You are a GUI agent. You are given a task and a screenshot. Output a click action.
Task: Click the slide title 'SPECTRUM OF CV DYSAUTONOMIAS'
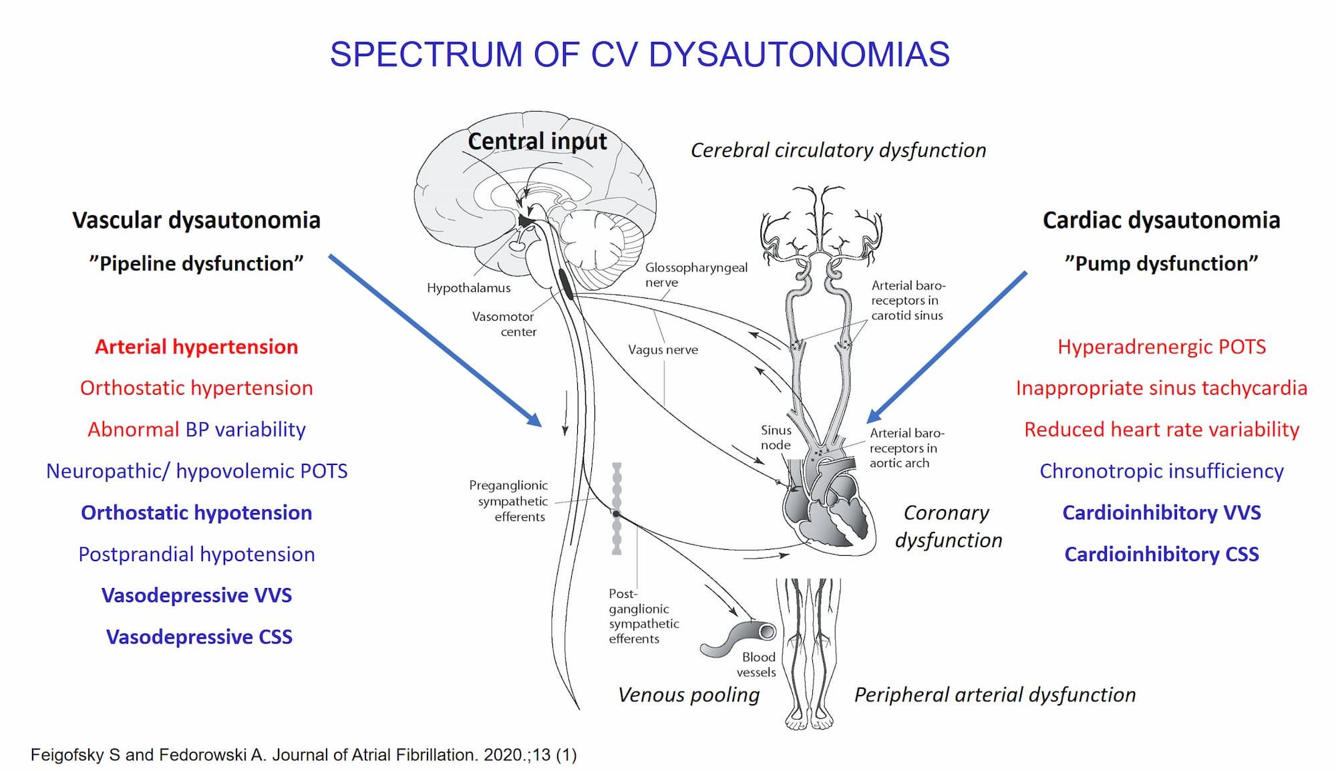(x=639, y=55)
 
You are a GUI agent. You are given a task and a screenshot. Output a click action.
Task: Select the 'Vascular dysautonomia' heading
(x=196, y=220)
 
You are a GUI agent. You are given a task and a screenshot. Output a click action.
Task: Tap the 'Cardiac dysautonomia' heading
(x=1161, y=220)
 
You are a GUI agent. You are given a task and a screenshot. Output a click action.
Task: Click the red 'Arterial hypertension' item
(x=196, y=347)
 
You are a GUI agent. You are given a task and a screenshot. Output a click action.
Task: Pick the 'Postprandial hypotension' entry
(x=196, y=554)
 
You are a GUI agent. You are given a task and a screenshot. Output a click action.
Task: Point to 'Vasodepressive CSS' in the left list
(x=199, y=637)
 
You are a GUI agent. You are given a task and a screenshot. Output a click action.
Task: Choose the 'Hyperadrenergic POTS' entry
(x=1161, y=347)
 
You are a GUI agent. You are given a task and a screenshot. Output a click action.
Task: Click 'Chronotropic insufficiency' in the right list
(x=1161, y=471)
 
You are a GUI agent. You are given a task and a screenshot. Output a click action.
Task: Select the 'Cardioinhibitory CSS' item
(x=1161, y=554)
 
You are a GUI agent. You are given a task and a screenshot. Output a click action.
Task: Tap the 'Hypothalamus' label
(x=468, y=288)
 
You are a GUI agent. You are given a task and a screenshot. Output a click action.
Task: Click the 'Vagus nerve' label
(x=663, y=349)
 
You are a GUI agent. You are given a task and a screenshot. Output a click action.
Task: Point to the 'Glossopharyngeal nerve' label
(x=695, y=275)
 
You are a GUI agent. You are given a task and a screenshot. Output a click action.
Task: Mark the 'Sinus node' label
(x=776, y=438)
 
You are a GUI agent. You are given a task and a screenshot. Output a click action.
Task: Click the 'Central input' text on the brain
(x=537, y=142)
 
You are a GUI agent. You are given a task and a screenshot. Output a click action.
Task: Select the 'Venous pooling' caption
(x=689, y=695)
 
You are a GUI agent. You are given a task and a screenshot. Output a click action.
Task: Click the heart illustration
(x=828, y=508)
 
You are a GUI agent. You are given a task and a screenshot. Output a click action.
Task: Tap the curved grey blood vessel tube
(x=735, y=638)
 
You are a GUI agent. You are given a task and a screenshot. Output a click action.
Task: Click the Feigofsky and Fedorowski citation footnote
(x=303, y=755)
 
